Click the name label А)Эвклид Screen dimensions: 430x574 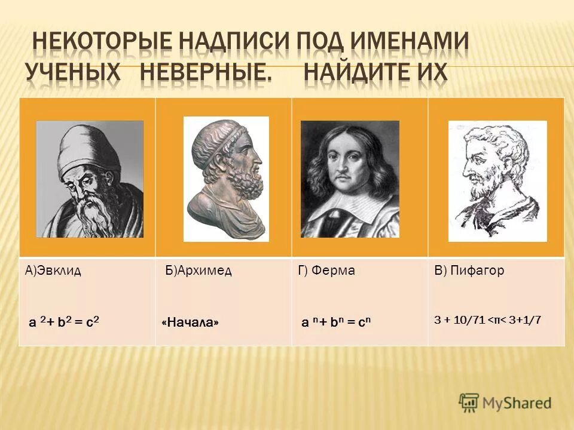pyautogui.click(x=53, y=271)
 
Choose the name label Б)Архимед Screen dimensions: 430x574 pyautogui.click(x=199, y=271)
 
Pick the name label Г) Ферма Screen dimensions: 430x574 pyautogui.click(x=326, y=271)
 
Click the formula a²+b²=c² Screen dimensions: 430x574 pyautogui.click(x=64, y=322)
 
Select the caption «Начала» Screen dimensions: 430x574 pyautogui.click(x=190, y=322)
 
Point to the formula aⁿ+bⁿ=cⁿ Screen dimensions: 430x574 pyautogui.click(x=336, y=322)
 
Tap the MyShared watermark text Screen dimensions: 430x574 pyautogui.click(x=517, y=403)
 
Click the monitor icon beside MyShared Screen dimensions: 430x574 pyautogui.click(x=469, y=402)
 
